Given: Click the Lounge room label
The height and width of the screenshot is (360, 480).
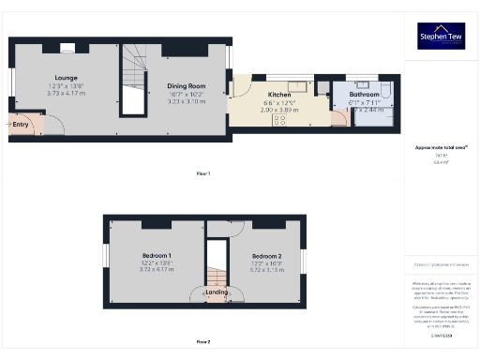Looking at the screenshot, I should click(66, 78).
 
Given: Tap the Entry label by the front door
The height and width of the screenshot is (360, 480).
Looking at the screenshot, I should click(21, 123).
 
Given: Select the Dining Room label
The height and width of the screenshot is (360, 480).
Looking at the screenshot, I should click(186, 85).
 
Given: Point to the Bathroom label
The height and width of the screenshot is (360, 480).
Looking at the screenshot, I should click(364, 95).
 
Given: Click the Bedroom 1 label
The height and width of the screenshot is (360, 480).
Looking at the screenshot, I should click(157, 256).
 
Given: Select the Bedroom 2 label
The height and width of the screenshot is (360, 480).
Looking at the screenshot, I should click(266, 256).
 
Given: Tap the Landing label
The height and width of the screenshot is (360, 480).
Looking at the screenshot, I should click(217, 292).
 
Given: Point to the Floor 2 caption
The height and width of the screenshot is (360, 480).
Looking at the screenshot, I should click(203, 341).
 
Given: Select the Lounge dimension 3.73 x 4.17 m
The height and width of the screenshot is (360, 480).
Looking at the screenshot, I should click(66, 93).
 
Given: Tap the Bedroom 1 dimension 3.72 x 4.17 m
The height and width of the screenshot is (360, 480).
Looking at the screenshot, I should click(157, 270).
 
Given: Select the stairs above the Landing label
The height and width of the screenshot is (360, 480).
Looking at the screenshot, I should click(217, 274).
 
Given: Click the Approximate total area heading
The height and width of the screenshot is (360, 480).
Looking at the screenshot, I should click(440, 148).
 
